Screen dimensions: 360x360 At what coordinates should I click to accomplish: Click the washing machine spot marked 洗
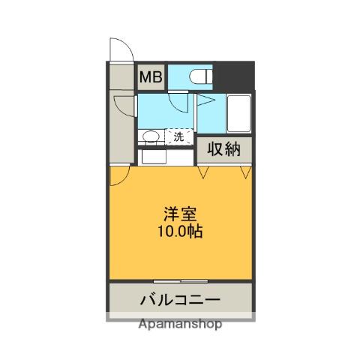tap(178, 136)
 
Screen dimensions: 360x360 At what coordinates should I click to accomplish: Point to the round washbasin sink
tap(151, 136)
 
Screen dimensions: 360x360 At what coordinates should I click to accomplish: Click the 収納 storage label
tap(225, 149)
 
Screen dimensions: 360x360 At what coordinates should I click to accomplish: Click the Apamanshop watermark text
tap(180, 325)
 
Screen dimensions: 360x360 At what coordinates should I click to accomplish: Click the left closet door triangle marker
tap(202, 172)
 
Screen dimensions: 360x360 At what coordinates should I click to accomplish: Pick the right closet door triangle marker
tap(244, 172)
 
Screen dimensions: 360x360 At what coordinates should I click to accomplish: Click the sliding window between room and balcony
tap(180, 281)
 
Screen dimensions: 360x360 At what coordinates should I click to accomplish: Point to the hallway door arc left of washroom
tap(124, 105)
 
